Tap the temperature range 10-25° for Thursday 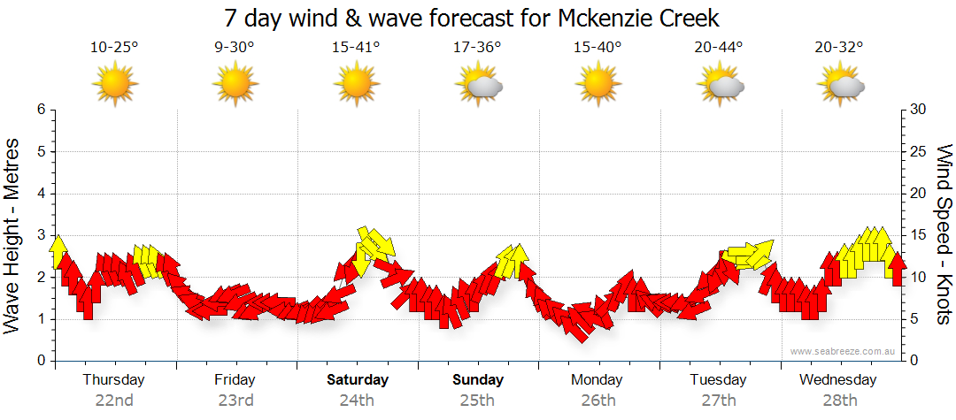pyautogui.click(x=114, y=48)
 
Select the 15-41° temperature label pyautogui.click(x=356, y=48)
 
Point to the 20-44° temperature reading pyautogui.click(x=719, y=48)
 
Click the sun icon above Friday pyautogui.click(x=235, y=85)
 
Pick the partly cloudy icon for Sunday pyautogui.click(x=478, y=86)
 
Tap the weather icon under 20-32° pyautogui.click(x=841, y=86)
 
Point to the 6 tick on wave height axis pyautogui.click(x=41, y=110)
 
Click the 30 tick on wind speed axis pyautogui.click(x=920, y=110)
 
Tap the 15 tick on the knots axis pyautogui.click(x=920, y=235)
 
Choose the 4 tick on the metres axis pyautogui.click(x=41, y=194)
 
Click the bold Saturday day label pyautogui.click(x=358, y=380)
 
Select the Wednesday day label pyautogui.click(x=837, y=380)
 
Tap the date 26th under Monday pyautogui.click(x=598, y=401)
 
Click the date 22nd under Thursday pyautogui.click(x=114, y=401)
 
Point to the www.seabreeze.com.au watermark pyautogui.click(x=844, y=351)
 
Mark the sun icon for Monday pyautogui.click(x=598, y=85)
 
